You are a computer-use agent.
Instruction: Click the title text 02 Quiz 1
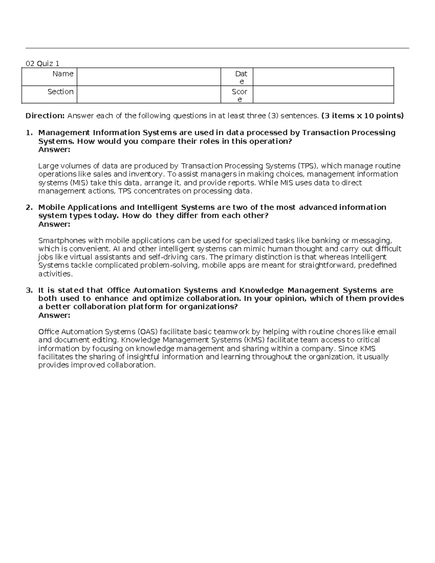pyautogui.click(x=42, y=64)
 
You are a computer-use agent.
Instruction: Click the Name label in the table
pyautogui.click(x=63, y=74)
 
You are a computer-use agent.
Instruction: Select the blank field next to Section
pyautogui.click(x=149, y=95)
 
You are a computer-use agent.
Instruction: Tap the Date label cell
pyautogui.click(x=241, y=77)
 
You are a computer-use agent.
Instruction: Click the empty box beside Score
pyautogui.click(x=323, y=95)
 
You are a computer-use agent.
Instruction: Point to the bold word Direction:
pyautogui.click(x=45, y=116)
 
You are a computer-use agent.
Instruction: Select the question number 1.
pyautogui.click(x=29, y=133)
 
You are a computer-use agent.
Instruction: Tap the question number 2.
pyautogui.click(x=29, y=207)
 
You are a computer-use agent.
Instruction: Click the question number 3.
pyautogui.click(x=29, y=290)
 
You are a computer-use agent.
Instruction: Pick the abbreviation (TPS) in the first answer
pyautogui.click(x=308, y=166)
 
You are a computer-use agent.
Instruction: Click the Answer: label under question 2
pyautogui.click(x=54, y=224)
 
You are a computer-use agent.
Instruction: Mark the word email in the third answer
pyautogui.click(x=386, y=332)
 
